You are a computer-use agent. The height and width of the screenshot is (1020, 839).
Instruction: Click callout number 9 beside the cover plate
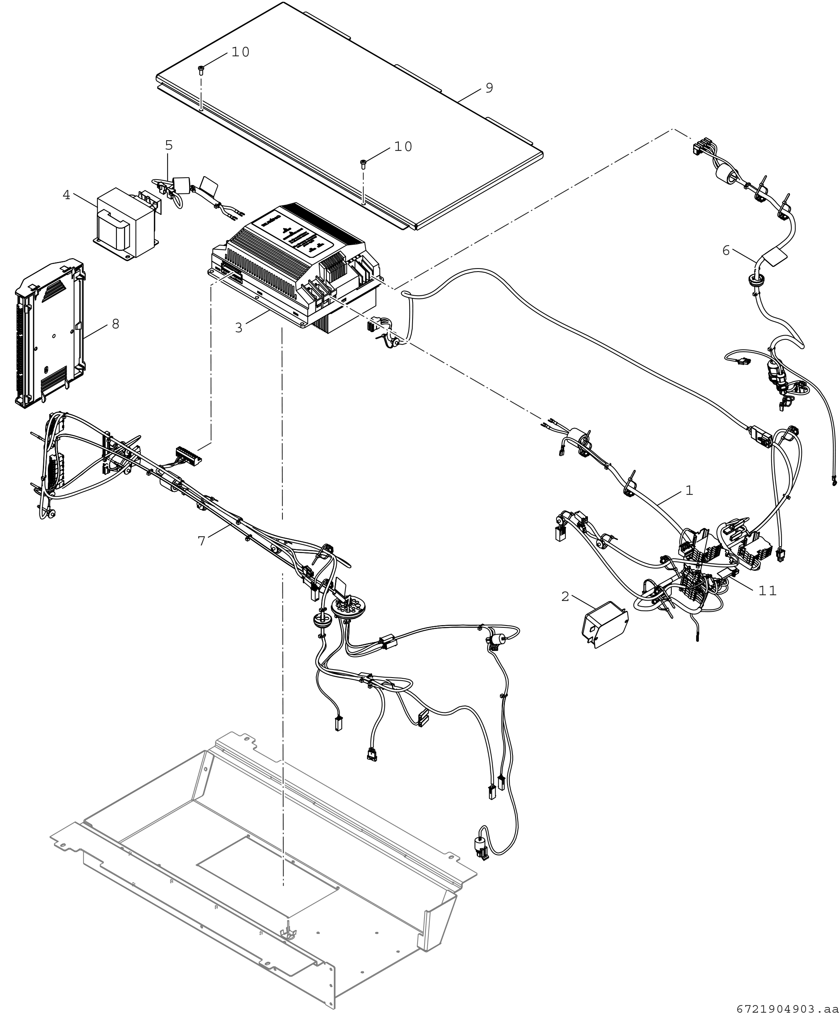point(489,88)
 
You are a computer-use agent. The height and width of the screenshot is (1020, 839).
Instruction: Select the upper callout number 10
point(240,52)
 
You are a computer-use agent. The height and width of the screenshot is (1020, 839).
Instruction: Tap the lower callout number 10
point(403,147)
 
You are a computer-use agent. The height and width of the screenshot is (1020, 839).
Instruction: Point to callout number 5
point(169,145)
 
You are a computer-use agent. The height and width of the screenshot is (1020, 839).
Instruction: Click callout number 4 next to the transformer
point(66,195)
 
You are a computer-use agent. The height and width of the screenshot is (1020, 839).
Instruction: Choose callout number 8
point(115,324)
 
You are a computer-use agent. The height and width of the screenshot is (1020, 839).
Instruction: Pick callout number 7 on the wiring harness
point(202,541)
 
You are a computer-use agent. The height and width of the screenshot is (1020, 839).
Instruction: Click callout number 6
point(726,250)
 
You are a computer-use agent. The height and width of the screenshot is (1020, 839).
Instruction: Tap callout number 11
point(767,591)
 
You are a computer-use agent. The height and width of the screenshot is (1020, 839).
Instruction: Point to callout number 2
point(565,596)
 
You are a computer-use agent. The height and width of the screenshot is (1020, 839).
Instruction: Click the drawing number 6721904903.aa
point(787,1009)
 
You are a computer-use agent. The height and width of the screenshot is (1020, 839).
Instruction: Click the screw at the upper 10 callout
point(202,70)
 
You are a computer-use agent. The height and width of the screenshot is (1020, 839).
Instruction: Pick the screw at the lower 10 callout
point(363,163)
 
